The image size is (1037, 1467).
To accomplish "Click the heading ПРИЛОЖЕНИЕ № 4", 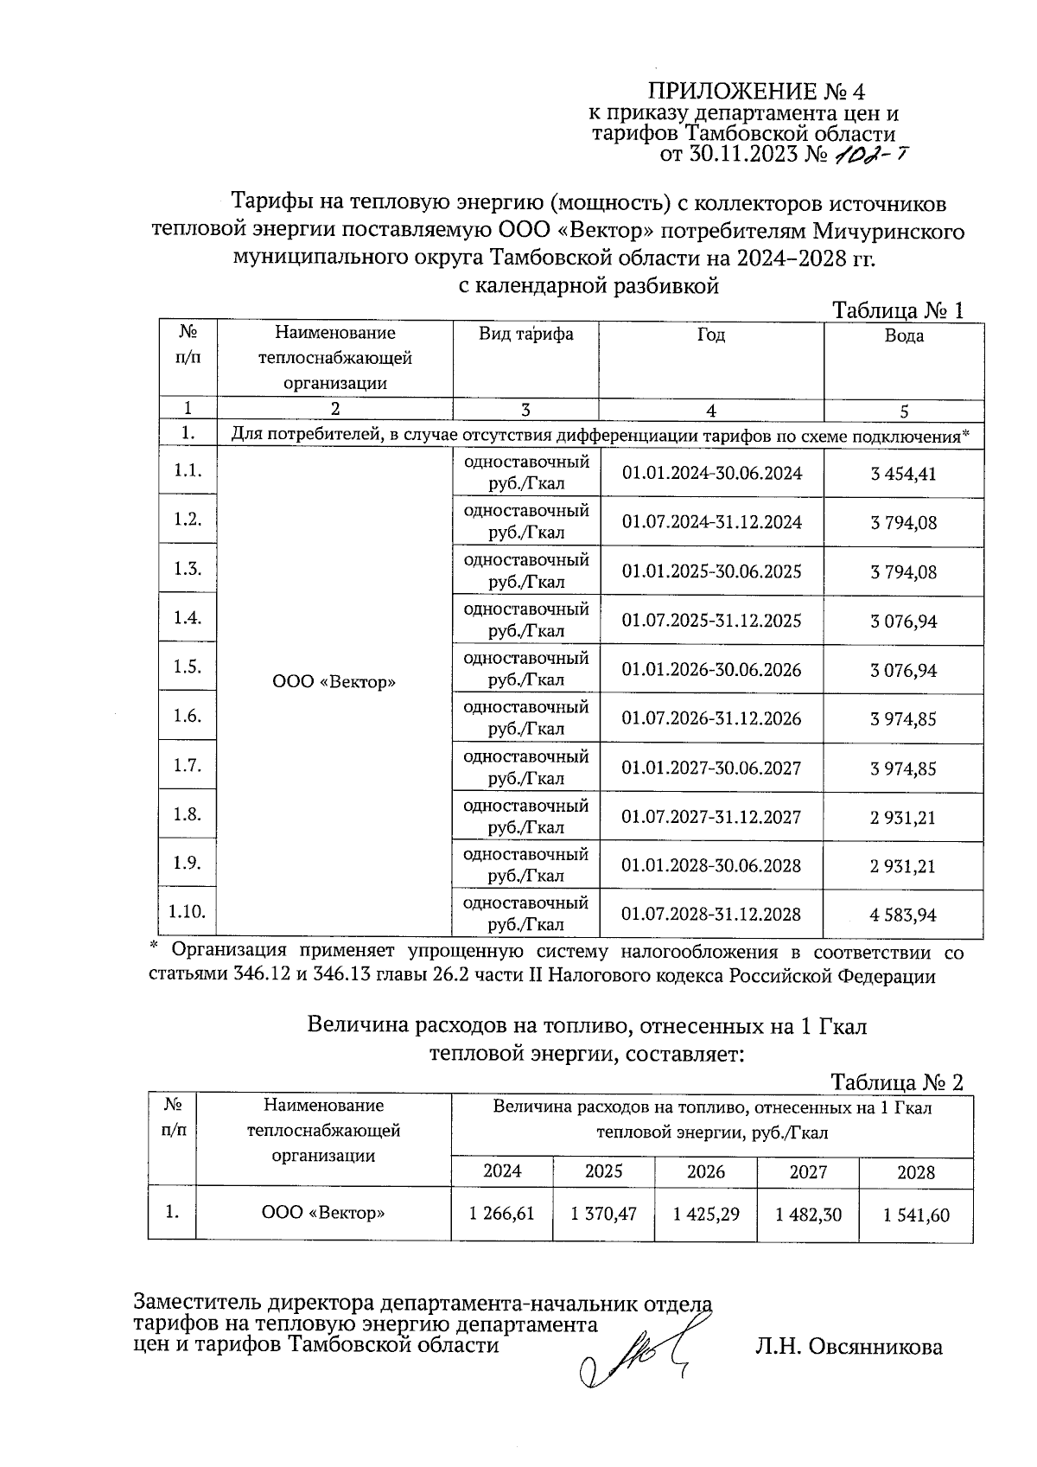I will (756, 92).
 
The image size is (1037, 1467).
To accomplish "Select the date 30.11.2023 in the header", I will (745, 156).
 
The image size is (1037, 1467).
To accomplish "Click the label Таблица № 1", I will (896, 310).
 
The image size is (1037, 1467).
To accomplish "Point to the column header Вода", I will (904, 335).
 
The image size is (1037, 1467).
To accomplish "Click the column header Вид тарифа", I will (525, 334).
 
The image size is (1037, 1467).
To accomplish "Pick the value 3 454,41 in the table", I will (904, 474).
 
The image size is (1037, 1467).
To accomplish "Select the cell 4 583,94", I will (904, 915).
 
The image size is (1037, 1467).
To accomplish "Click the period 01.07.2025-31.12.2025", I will (711, 621).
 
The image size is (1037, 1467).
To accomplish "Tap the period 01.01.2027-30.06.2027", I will (711, 768).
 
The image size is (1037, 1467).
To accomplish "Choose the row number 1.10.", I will (188, 911).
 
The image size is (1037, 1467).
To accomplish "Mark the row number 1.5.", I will (188, 667).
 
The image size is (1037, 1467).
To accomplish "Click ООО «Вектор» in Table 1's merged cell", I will (334, 682).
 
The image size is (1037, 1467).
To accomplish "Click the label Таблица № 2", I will (896, 1082).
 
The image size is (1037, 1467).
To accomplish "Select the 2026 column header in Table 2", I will (706, 1171).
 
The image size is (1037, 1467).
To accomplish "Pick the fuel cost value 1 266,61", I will (502, 1214).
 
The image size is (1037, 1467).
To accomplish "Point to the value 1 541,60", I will (916, 1215).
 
